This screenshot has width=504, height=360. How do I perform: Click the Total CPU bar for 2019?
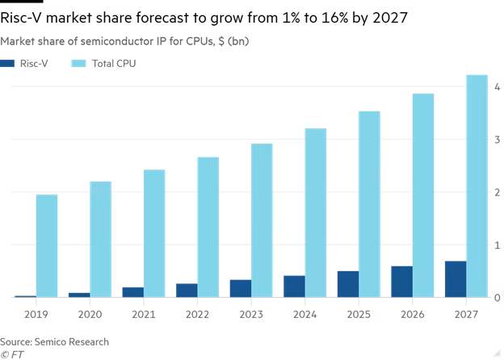click(x=47, y=246)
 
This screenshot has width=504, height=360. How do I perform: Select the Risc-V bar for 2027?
click(x=456, y=279)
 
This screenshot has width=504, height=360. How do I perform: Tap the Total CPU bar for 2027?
click(x=477, y=186)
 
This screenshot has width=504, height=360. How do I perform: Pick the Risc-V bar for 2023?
click(x=241, y=288)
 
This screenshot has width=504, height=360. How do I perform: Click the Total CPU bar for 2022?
click(x=208, y=227)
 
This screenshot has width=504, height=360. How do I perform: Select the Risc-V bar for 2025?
click(x=348, y=284)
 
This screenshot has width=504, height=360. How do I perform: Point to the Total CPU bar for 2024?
click(x=316, y=213)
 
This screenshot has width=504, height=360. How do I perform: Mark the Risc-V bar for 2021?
click(x=133, y=292)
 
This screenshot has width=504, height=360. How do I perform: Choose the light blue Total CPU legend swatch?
click(x=80, y=63)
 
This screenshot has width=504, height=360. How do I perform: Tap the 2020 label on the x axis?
click(x=90, y=315)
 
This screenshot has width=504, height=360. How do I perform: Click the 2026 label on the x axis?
click(x=412, y=315)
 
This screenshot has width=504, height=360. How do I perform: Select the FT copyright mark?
click(x=11, y=354)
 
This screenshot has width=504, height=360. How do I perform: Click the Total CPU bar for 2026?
click(x=423, y=195)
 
